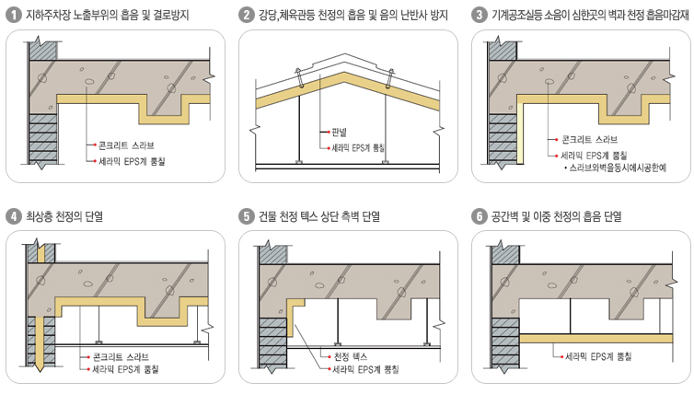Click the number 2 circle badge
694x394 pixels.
tap(246, 15)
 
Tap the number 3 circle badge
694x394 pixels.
tap(479, 15)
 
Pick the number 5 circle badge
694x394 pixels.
tap(246, 217)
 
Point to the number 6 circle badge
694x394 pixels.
tap(479, 217)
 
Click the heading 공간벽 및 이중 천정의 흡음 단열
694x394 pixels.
tap(557, 217)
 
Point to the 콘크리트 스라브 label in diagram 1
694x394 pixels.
tap(126, 145)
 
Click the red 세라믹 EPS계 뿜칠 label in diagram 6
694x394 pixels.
tap(596, 354)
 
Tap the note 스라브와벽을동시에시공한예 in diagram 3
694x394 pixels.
tap(618, 168)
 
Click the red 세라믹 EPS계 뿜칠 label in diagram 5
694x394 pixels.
tap(365, 368)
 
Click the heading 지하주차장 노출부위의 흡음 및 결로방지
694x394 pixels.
tap(108, 15)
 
